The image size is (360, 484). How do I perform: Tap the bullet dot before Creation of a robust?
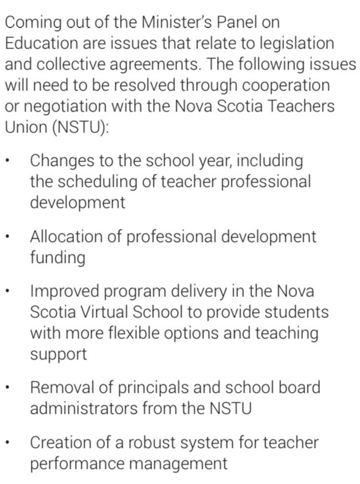7,443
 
